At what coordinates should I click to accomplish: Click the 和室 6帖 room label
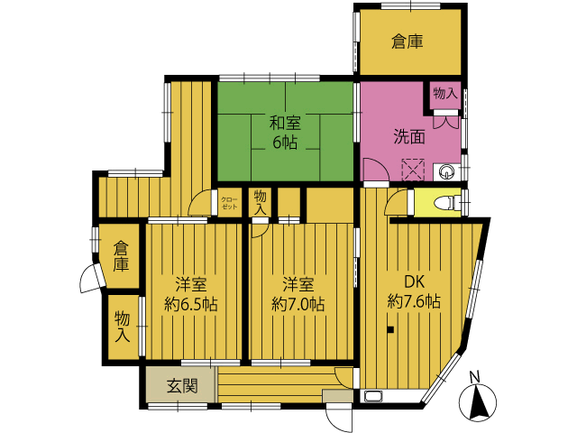[285, 133]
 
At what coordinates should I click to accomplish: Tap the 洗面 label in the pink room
[409, 136]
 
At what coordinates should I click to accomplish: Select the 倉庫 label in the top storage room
[407, 41]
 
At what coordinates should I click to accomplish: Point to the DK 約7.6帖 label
[414, 292]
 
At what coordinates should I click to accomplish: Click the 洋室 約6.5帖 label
[190, 295]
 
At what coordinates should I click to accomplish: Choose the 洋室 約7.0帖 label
[298, 295]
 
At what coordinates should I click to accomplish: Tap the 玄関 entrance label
[182, 386]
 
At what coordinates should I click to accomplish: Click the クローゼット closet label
[229, 203]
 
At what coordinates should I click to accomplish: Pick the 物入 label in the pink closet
[445, 94]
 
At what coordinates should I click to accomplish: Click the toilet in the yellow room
[446, 202]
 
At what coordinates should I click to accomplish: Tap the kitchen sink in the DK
[373, 396]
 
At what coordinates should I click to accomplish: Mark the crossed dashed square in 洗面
[413, 170]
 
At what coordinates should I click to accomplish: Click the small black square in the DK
[390, 330]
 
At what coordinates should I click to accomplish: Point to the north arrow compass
[478, 403]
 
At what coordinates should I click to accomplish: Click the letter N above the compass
[475, 377]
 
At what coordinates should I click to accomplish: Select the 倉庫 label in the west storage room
[121, 256]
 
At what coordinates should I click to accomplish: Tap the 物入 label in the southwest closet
[123, 327]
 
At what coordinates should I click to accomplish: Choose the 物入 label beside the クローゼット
[261, 202]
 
